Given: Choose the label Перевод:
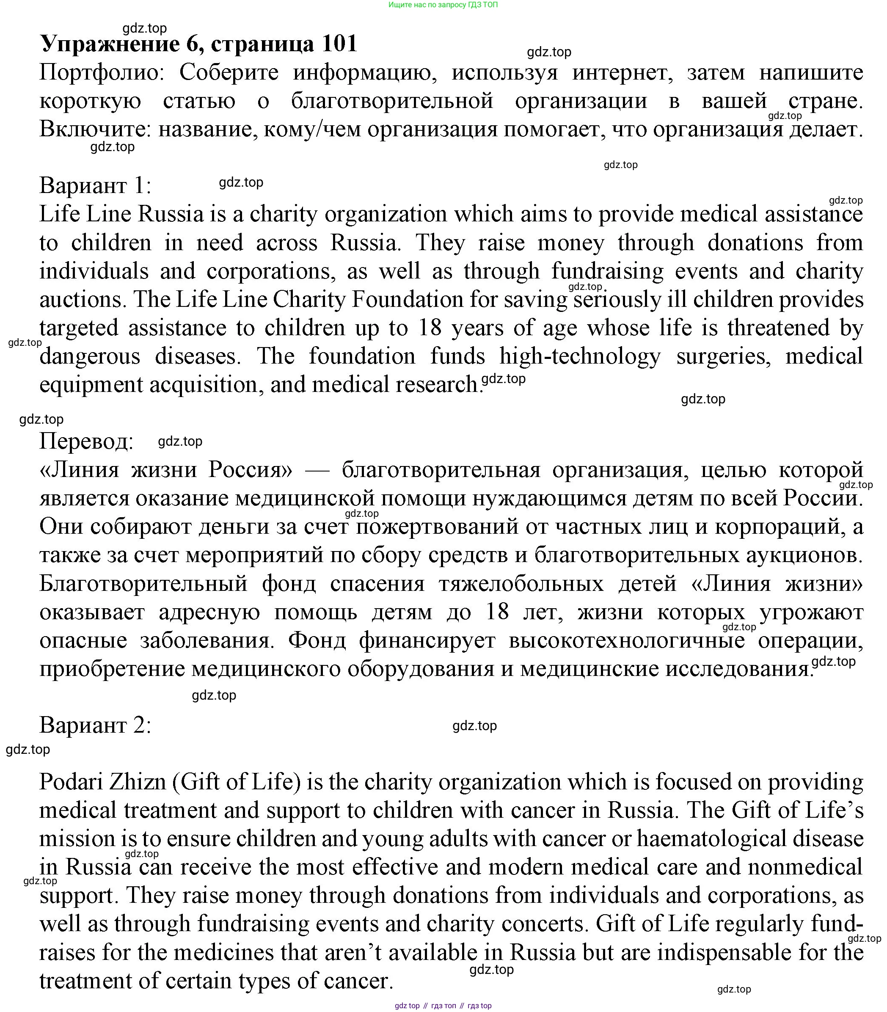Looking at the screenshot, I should click(x=87, y=441).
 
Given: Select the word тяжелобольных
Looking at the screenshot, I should click(x=521, y=584).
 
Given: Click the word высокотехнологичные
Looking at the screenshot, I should click(x=627, y=640).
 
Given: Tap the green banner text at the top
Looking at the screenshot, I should click(x=443, y=5).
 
